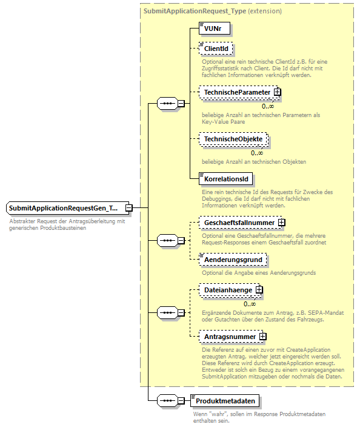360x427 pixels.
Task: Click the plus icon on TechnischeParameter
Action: click(x=277, y=92)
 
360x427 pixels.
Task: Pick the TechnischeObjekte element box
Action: click(x=233, y=139)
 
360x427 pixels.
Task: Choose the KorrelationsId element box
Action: click(x=225, y=180)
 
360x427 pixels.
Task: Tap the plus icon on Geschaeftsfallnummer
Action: click(x=282, y=223)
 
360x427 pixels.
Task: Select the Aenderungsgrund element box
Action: click(x=233, y=260)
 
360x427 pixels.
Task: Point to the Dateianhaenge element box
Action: click(x=228, y=290)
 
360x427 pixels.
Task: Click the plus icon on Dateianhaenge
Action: click(x=259, y=290)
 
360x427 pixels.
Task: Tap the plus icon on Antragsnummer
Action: click(x=263, y=336)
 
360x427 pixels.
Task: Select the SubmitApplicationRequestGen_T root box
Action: click(x=63, y=208)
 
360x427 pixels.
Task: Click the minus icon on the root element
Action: click(x=128, y=208)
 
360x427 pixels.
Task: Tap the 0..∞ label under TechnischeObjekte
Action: click(x=257, y=153)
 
